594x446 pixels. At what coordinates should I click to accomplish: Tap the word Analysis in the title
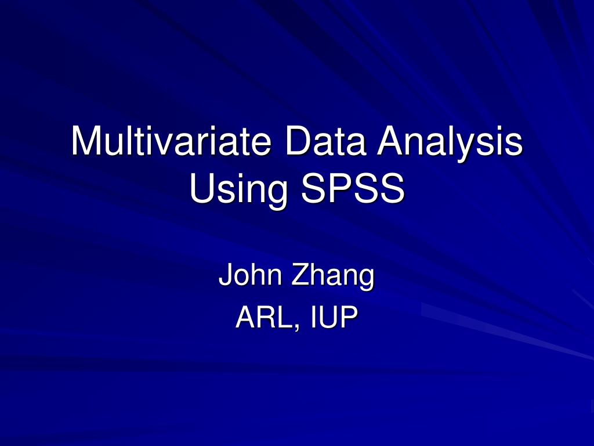point(450,141)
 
